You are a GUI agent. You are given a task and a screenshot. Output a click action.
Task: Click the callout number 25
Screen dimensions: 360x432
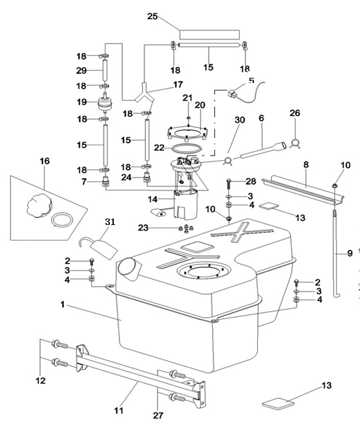(152, 16)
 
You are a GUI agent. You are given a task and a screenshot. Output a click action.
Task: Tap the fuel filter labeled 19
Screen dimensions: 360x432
(105, 104)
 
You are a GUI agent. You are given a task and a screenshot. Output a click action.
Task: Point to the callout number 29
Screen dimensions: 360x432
(82, 71)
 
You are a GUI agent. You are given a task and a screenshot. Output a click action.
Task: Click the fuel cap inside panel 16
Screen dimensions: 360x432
(39, 204)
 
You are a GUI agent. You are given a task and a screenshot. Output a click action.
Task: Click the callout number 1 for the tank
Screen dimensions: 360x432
(62, 305)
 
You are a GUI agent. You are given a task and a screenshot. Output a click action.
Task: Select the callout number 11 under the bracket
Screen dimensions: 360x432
(119, 411)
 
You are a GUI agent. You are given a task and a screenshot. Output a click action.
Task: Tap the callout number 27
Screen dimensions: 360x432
(158, 415)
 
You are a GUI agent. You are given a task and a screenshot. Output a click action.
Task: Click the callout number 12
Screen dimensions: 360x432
(40, 381)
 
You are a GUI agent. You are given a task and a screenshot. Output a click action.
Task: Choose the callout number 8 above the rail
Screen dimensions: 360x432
(306, 165)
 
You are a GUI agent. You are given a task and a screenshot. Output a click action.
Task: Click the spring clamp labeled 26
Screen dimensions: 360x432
(295, 143)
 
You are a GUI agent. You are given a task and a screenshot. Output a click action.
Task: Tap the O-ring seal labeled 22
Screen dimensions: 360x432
(186, 148)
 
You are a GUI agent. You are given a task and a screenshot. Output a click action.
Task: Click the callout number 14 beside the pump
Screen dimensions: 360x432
(152, 199)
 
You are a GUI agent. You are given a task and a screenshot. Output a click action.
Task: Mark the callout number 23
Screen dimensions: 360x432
(143, 228)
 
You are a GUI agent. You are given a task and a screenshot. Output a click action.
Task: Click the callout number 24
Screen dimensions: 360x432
(127, 177)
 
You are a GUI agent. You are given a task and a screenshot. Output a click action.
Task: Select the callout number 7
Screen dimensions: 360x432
(84, 182)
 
